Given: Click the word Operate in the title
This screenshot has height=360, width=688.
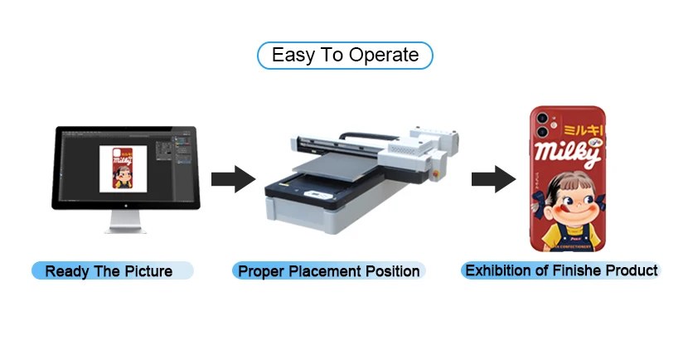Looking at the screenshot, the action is click(x=384, y=56).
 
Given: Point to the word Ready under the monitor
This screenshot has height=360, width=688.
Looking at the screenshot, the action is click(x=66, y=271).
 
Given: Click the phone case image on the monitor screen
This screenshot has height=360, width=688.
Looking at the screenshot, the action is click(x=123, y=167).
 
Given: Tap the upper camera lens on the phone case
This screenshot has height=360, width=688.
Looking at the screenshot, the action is click(x=542, y=118).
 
